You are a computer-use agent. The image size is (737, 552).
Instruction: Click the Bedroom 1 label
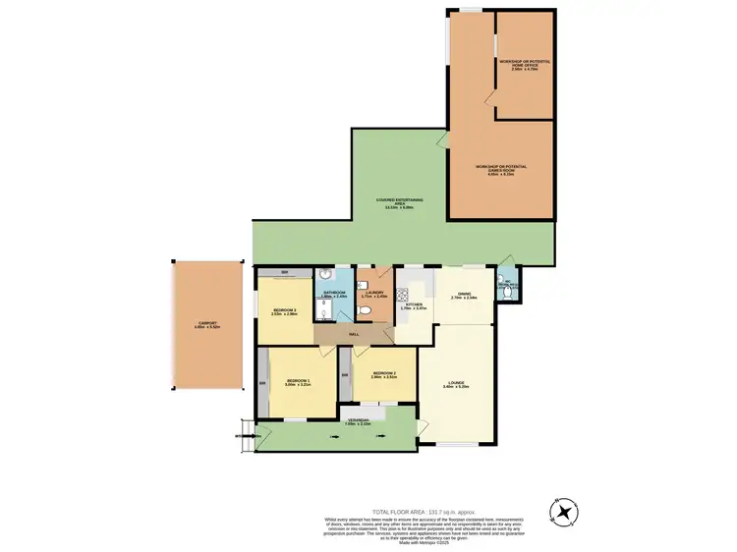click(x=297, y=382)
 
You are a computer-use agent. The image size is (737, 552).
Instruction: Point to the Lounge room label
click(x=454, y=385)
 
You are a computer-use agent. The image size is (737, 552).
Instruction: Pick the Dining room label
click(x=463, y=296)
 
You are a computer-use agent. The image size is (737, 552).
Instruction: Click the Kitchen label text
click(x=415, y=306)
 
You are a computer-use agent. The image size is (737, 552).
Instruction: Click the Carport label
click(x=206, y=324)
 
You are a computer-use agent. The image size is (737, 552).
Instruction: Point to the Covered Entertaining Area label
click(x=400, y=204)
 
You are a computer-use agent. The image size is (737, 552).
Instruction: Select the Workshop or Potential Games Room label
click(x=500, y=168)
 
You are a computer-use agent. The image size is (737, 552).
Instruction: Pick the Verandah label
click(x=358, y=421)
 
